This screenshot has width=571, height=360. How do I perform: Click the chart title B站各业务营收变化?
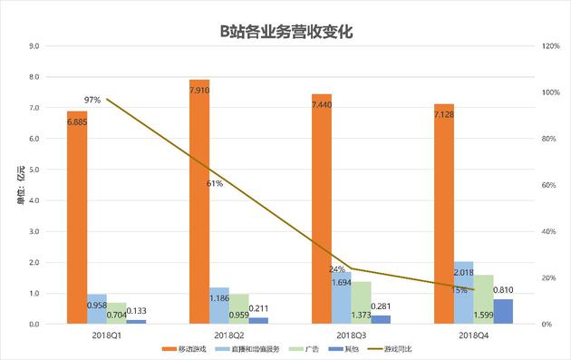click(285, 31)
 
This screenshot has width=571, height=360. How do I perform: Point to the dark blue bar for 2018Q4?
click(503, 311)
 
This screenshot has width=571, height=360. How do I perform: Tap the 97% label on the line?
click(92, 100)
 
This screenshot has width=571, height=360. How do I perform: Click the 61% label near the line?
click(215, 183)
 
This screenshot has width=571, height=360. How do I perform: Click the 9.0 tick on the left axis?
click(33, 45)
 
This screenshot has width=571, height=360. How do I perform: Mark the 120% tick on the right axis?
click(549, 45)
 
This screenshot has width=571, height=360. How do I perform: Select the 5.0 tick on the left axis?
click(33, 170)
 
